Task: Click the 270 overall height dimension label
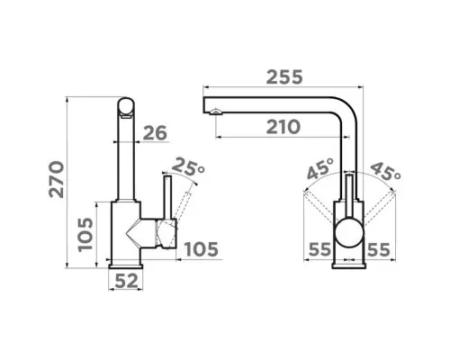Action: tap(57, 179)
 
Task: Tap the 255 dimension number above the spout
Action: tap(284, 77)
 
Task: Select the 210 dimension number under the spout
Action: tap(283, 127)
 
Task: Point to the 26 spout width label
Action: tap(155, 133)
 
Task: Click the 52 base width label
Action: tap(127, 281)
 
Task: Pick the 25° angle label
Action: tap(188, 166)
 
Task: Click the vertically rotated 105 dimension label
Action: tap(85, 235)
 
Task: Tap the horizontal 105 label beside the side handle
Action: tap(202, 249)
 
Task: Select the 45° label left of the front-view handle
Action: tap(320, 168)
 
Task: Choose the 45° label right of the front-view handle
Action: tap(386, 171)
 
